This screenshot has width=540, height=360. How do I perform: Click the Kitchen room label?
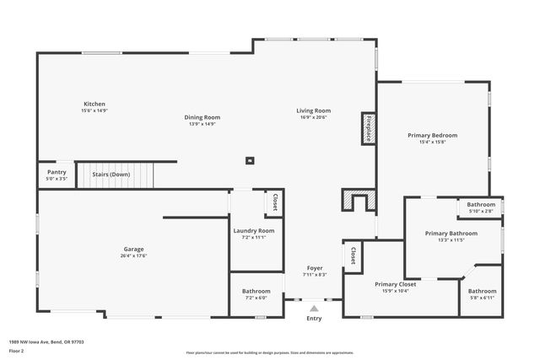[x=94, y=103]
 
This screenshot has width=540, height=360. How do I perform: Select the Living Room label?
[x=313, y=110]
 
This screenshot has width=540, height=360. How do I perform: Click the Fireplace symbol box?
[x=368, y=129]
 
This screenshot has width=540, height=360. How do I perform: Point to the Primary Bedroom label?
[x=432, y=135]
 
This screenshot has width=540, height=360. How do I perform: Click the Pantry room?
[x=57, y=173]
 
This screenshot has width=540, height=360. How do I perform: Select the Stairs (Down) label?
[x=116, y=175]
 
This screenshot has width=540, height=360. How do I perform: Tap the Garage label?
[x=133, y=249]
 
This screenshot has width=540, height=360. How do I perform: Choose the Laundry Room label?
[x=254, y=231]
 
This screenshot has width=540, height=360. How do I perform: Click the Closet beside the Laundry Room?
[x=274, y=203]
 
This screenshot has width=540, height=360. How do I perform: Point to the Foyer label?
[x=314, y=268]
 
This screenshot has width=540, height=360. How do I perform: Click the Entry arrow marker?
[x=314, y=309]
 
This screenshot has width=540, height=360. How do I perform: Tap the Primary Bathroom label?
[x=451, y=234]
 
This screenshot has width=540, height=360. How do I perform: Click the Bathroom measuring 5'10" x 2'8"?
[x=481, y=205]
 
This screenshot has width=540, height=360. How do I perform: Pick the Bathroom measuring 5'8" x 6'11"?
[x=483, y=292]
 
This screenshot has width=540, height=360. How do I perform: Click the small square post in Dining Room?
[x=249, y=159]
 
